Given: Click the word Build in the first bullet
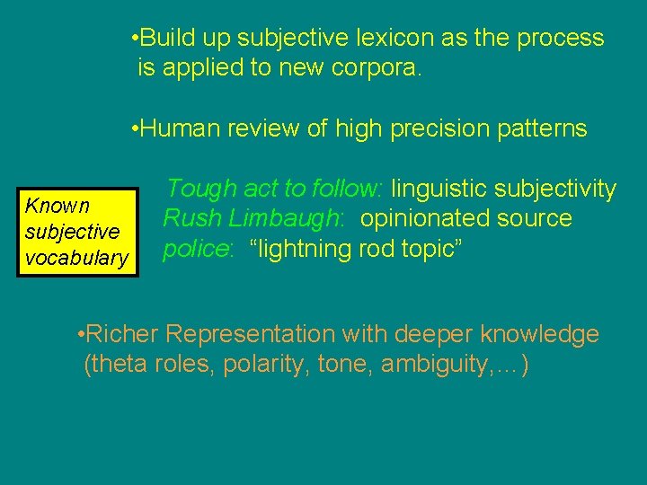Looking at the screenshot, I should point(166,38).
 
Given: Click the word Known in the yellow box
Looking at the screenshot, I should point(57,206).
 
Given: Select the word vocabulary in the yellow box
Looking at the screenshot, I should point(76,259).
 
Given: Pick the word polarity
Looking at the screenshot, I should point(253,366).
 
